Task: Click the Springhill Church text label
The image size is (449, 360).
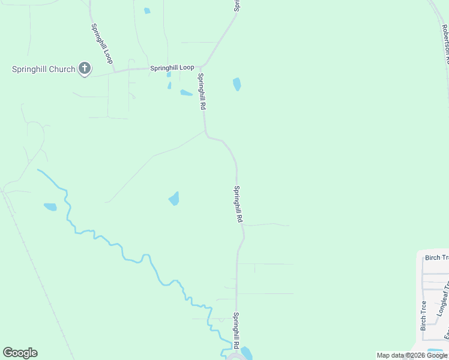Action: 44,69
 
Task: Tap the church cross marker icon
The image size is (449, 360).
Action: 85,69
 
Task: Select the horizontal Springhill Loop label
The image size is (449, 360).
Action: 172,68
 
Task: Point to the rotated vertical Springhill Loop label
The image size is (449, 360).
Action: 102,44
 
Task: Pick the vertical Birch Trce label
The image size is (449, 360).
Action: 424,316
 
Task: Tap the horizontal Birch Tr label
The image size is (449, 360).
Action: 436,257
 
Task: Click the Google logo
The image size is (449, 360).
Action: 20,353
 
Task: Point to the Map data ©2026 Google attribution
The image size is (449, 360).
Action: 412,355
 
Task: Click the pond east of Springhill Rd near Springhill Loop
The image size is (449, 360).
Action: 237,84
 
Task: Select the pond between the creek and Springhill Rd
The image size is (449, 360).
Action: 174,198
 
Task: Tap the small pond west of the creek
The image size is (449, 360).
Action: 50,207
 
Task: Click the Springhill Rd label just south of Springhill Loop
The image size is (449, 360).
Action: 202,91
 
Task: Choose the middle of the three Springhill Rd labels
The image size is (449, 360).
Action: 238,205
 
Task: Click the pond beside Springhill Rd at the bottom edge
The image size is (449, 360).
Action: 247,353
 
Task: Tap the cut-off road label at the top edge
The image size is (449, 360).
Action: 237,5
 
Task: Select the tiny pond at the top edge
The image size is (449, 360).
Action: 147,11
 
